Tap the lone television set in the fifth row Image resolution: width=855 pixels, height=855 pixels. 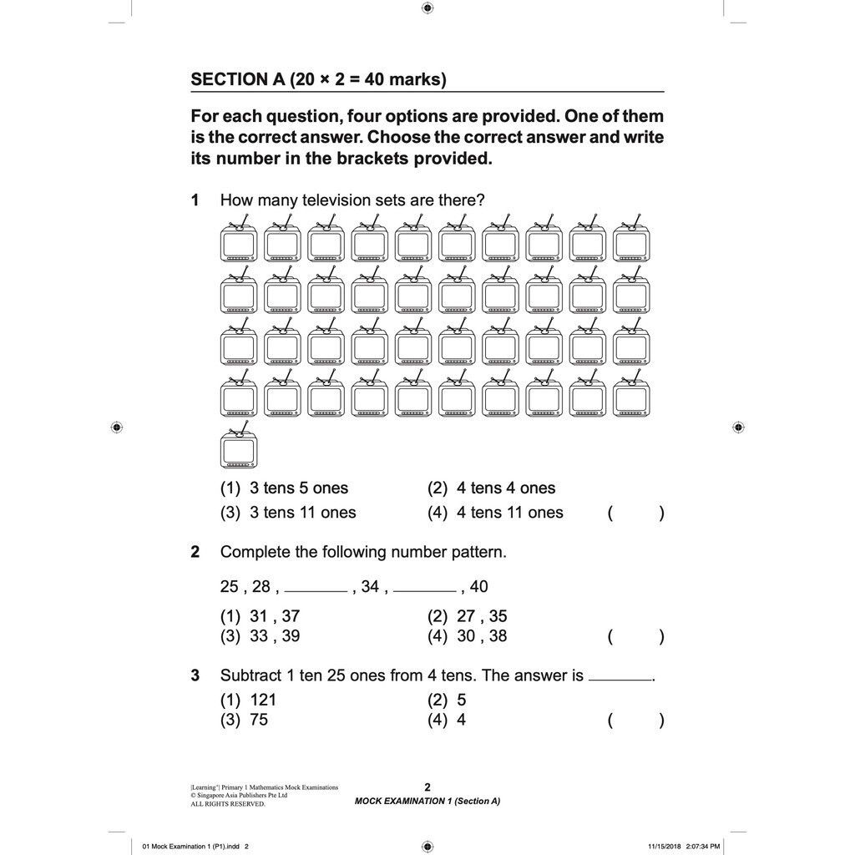pyautogui.click(x=239, y=448)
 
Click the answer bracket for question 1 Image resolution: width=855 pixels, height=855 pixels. pyautogui.click(x=636, y=514)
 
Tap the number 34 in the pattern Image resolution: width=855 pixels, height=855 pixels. pyautogui.click(x=370, y=587)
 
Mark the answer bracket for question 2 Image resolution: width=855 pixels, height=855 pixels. pyautogui.click(x=636, y=638)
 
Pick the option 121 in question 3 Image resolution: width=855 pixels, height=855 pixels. pyautogui.click(x=263, y=701)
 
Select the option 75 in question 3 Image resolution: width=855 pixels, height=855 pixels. pyautogui.click(x=259, y=720)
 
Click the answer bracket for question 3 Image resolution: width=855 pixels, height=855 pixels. pyautogui.click(x=636, y=721)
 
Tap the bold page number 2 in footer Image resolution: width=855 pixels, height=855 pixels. pyautogui.click(x=427, y=787)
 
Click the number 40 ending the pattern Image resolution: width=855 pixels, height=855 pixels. pyautogui.click(x=479, y=587)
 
